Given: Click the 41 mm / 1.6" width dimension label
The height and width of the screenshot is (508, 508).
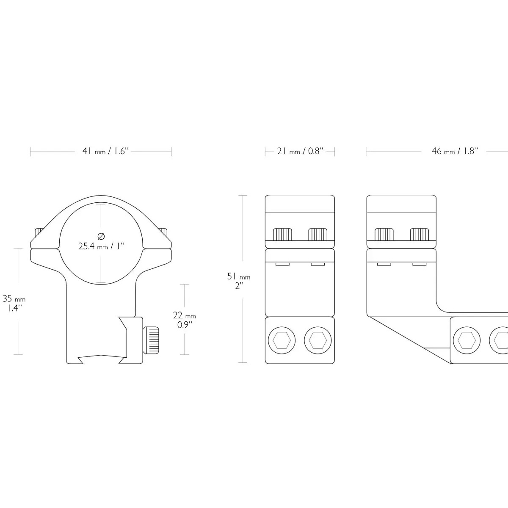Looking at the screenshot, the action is [x=105, y=151].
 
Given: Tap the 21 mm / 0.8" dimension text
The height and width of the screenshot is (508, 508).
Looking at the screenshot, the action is [x=300, y=151].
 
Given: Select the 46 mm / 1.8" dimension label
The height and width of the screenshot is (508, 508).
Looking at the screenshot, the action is [x=455, y=151].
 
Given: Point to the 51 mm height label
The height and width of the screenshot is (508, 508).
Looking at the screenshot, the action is [x=239, y=276].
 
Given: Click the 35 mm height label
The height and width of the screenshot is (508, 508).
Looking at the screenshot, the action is [x=14, y=299].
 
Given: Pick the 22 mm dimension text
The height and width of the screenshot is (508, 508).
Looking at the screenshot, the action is [x=184, y=315].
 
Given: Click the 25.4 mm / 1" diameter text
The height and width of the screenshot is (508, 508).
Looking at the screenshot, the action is [x=101, y=246].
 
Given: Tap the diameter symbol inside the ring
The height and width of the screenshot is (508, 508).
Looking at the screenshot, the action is [x=101, y=236].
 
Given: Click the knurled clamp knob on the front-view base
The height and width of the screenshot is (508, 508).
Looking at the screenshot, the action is [x=151, y=340].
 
